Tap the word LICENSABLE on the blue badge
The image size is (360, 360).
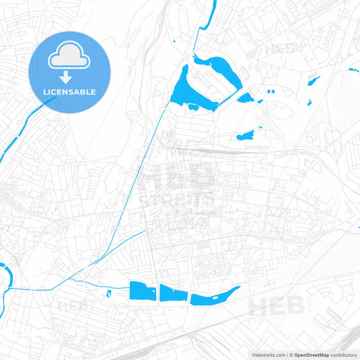70,91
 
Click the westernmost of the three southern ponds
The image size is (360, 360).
142,291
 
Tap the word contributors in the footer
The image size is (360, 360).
344,355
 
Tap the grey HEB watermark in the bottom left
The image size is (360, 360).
74,306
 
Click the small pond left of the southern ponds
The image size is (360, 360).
108,293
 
